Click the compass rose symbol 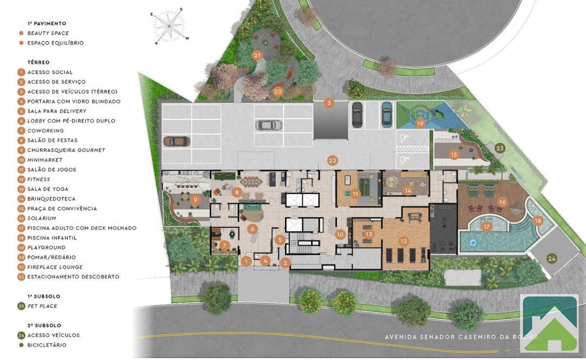coord(169,26)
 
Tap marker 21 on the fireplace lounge coord(257,56)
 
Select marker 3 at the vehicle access coord(329,103)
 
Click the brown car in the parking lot coord(177,142)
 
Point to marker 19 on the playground coord(420,124)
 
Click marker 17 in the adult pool coord(486,227)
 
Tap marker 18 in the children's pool coord(538,221)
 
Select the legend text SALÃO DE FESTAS coord(53,141)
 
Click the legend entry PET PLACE coord(42,306)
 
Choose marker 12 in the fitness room coord(404,241)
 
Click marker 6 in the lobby coord(252,230)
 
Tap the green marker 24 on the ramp coord(552,259)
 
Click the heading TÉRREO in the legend coord(39,63)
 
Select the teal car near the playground coord(387,114)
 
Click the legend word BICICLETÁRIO coord(47,345)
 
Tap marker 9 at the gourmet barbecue coord(195,200)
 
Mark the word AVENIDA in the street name coord(400,337)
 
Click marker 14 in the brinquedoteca coord(408,191)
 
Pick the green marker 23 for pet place coord(500,148)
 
